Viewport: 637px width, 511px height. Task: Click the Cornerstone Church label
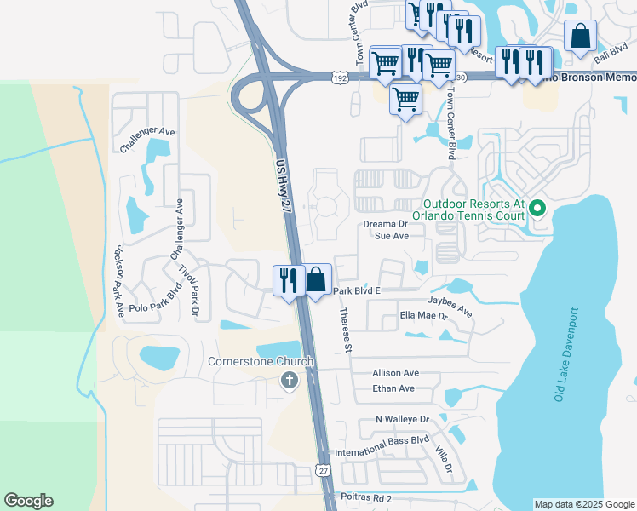pyautogui.click(x=261, y=361)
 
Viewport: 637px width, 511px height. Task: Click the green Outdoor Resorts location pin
pyautogui.click(x=537, y=208)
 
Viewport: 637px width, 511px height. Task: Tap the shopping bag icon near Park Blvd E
pyautogui.click(x=316, y=279)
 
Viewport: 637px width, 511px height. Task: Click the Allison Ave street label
pyautogui.click(x=395, y=373)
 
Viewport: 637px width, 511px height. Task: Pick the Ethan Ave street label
pyautogui.click(x=393, y=388)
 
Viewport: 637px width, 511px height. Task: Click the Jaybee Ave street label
pyautogui.click(x=450, y=306)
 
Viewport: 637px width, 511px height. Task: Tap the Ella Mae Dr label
pyautogui.click(x=423, y=315)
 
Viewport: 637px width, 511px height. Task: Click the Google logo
pyautogui.click(x=28, y=501)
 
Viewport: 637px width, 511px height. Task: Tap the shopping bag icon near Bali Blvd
pyautogui.click(x=580, y=37)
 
